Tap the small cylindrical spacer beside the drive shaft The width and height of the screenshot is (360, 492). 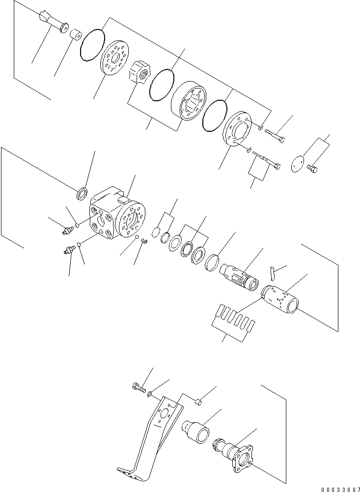point(76,35)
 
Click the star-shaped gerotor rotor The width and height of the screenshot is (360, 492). point(138,78)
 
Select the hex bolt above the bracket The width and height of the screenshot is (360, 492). point(138,388)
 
